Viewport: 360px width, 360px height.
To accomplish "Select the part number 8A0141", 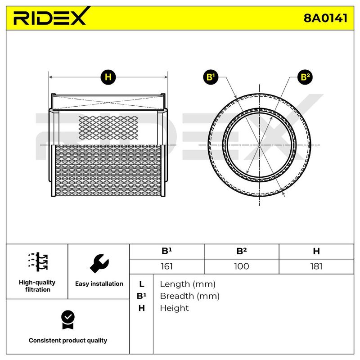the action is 325,18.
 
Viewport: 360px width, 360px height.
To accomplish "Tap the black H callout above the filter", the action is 108,77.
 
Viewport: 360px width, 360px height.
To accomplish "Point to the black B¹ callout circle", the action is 211,77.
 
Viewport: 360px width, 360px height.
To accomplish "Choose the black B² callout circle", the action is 305,77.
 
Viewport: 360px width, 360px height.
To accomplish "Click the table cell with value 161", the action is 166,266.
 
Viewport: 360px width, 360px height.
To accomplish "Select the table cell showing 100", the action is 242,266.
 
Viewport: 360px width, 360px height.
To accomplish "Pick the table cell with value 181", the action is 316,266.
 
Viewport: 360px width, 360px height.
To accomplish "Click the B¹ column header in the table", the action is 166,251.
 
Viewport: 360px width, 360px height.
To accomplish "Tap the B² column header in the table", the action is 242,251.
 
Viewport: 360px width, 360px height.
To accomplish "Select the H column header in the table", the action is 316,251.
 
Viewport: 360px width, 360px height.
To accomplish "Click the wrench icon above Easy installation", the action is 99,263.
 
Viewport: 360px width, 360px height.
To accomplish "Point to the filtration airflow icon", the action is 38,262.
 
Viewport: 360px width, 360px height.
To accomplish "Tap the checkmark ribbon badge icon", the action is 68,320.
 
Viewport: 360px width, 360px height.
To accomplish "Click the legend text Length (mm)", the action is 188,284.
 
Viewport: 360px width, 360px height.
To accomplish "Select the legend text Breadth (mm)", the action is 189,296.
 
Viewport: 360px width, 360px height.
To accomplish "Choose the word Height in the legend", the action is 174,308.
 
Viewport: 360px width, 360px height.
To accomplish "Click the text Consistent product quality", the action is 68,340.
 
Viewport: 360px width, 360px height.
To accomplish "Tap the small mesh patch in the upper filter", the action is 108,128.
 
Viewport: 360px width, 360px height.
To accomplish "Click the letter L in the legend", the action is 142,284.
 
